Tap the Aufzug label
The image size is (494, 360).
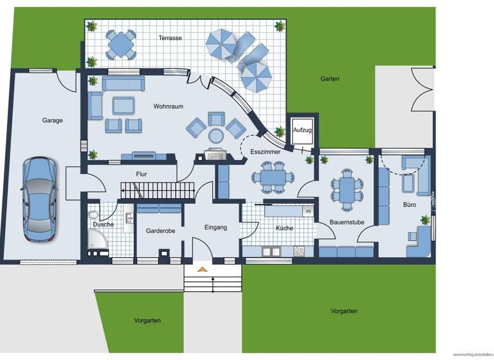302,130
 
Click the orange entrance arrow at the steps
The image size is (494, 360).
202,269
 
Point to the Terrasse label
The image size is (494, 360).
170,38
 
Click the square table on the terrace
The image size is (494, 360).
121,44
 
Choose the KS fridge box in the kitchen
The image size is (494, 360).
308,211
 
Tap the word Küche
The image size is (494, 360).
285,228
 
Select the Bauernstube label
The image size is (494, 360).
347,222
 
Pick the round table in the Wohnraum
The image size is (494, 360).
215,134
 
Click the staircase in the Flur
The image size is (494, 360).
158,190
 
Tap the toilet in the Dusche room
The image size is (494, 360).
94,215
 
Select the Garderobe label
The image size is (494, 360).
160,230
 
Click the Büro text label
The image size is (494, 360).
409,204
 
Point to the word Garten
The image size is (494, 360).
330,79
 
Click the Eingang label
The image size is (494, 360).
215,227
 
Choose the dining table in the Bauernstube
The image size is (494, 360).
346,188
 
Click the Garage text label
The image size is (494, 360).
52,120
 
